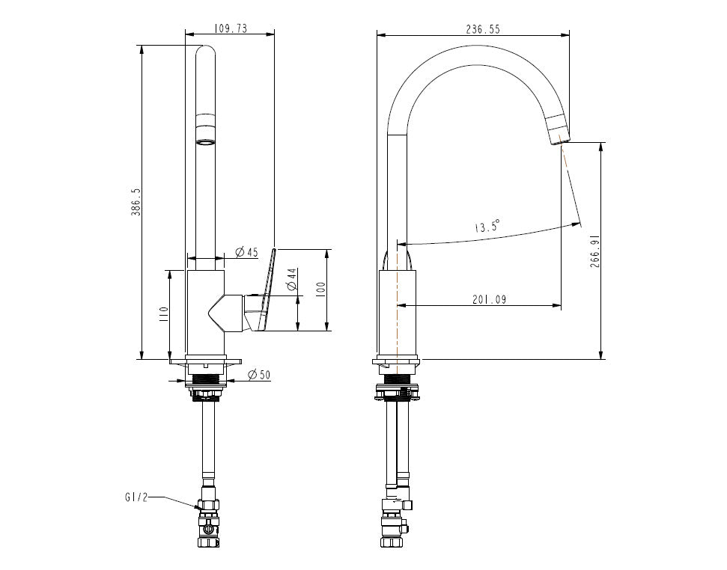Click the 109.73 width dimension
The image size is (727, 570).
pyautogui.click(x=231, y=29)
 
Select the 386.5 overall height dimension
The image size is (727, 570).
pyautogui.click(x=136, y=202)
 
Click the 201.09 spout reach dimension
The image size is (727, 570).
pyautogui.click(x=490, y=299)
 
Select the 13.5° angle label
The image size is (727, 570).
pyautogui.click(x=487, y=226)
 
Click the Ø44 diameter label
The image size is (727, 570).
pyautogui.click(x=291, y=281)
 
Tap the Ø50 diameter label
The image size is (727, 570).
pyautogui.click(x=258, y=374)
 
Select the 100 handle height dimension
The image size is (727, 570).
pyautogui.click(x=320, y=289)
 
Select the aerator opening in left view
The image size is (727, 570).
pyautogui.click(x=205, y=141)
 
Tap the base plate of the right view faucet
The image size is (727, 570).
pyautogui.click(x=397, y=363)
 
